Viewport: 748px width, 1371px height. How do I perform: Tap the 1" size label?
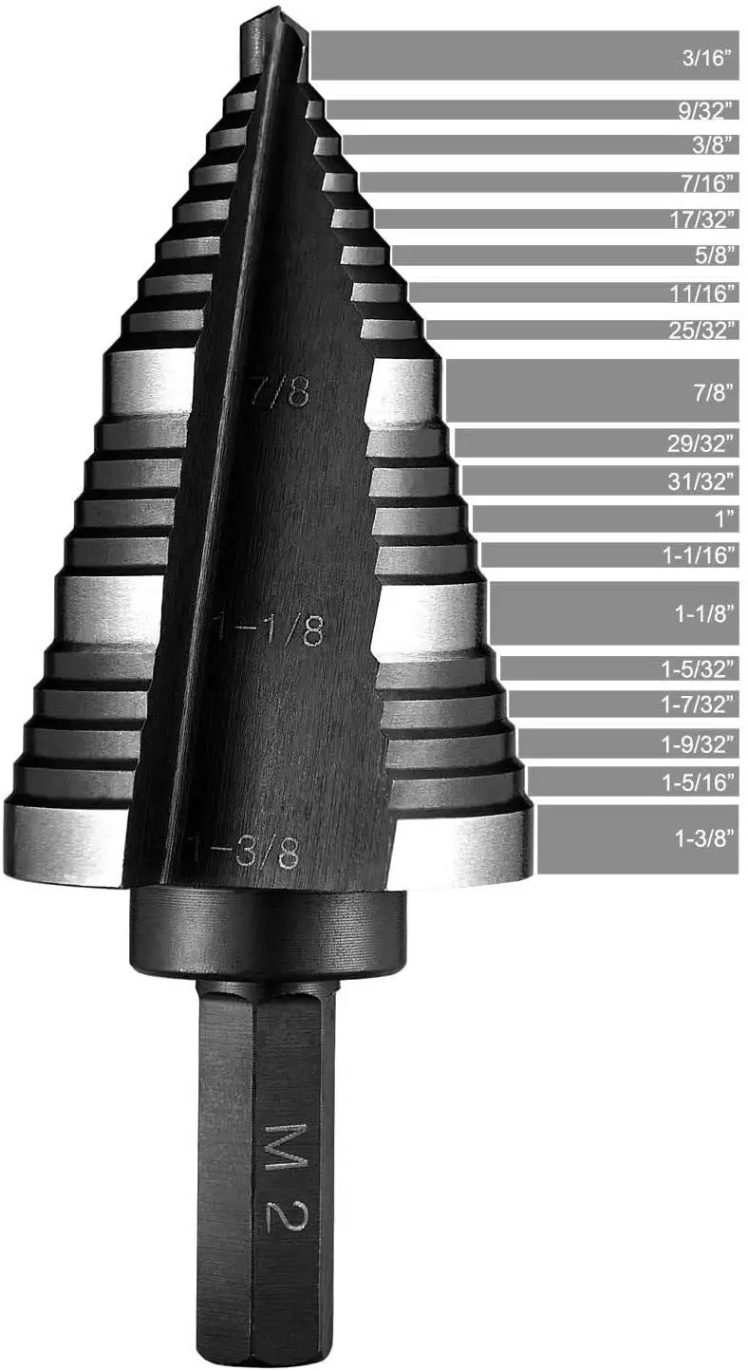click(x=726, y=518)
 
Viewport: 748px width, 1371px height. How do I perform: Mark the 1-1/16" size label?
click(x=701, y=555)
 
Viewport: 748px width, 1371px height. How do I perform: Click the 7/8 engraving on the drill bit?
click(x=283, y=391)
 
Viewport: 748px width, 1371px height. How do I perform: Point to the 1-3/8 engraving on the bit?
click(x=249, y=853)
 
